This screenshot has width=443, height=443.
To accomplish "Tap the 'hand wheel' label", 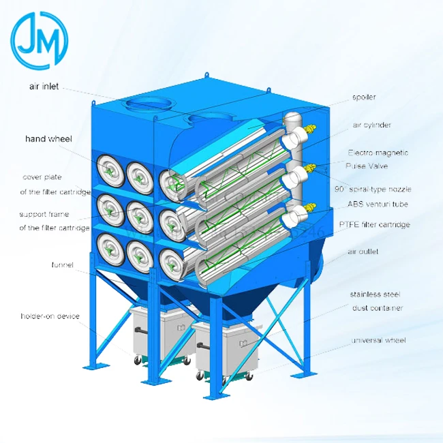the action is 48,139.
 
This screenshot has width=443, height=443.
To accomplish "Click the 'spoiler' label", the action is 364,97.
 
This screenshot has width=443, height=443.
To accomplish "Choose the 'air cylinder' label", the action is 371,125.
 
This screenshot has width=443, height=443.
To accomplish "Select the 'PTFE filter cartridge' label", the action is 374,224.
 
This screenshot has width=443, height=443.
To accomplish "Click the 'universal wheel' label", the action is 378,339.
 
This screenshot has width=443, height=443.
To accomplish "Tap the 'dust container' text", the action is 378,308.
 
